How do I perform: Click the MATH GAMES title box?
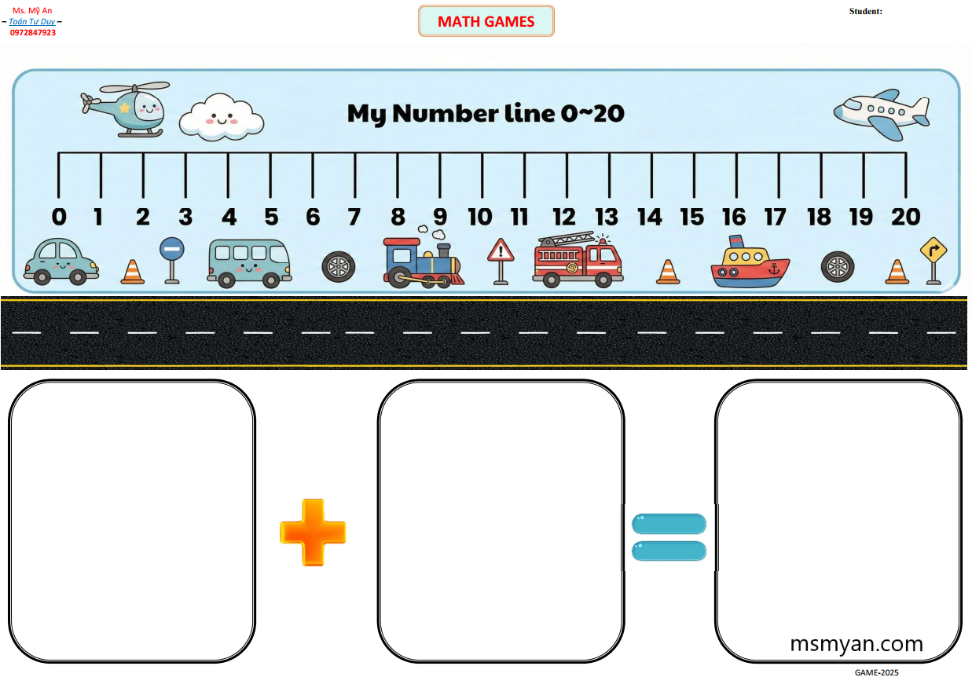point(486,21)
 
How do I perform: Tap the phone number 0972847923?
point(32,32)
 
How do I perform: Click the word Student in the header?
point(865,11)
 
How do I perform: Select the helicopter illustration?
point(125,109)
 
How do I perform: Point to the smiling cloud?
point(222,117)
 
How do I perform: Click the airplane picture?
point(882,115)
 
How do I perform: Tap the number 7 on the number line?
point(354,217)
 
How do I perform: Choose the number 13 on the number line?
point(606,217)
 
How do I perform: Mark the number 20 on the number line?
point(906,217)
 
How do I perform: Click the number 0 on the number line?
point(59,217)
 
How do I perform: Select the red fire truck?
point(578,259)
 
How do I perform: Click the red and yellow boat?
point(750,262)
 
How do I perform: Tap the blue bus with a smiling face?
point(249,263)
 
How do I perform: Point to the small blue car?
point(61,262)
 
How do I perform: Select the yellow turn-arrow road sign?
point(933,261)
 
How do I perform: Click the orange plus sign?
point(313,532)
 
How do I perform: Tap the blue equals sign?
point(669,537)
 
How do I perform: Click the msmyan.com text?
point(856,644)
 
